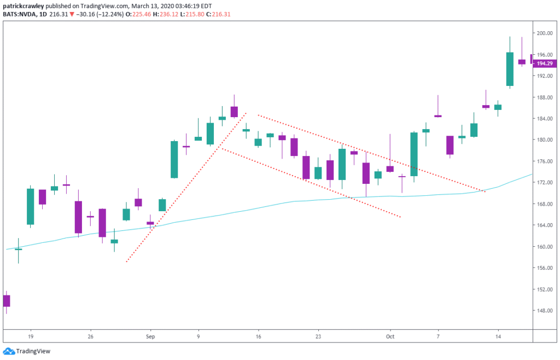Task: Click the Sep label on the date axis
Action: pos(150,336)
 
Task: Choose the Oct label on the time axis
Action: pos(390,336)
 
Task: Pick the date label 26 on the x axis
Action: pos(90,336)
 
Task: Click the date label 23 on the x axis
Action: pos(318,336)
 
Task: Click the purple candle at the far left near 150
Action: pos(7,300)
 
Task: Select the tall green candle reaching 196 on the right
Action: pos(510,69)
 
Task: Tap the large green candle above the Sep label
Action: pos(174,159)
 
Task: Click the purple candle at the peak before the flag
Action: pos(234,112)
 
